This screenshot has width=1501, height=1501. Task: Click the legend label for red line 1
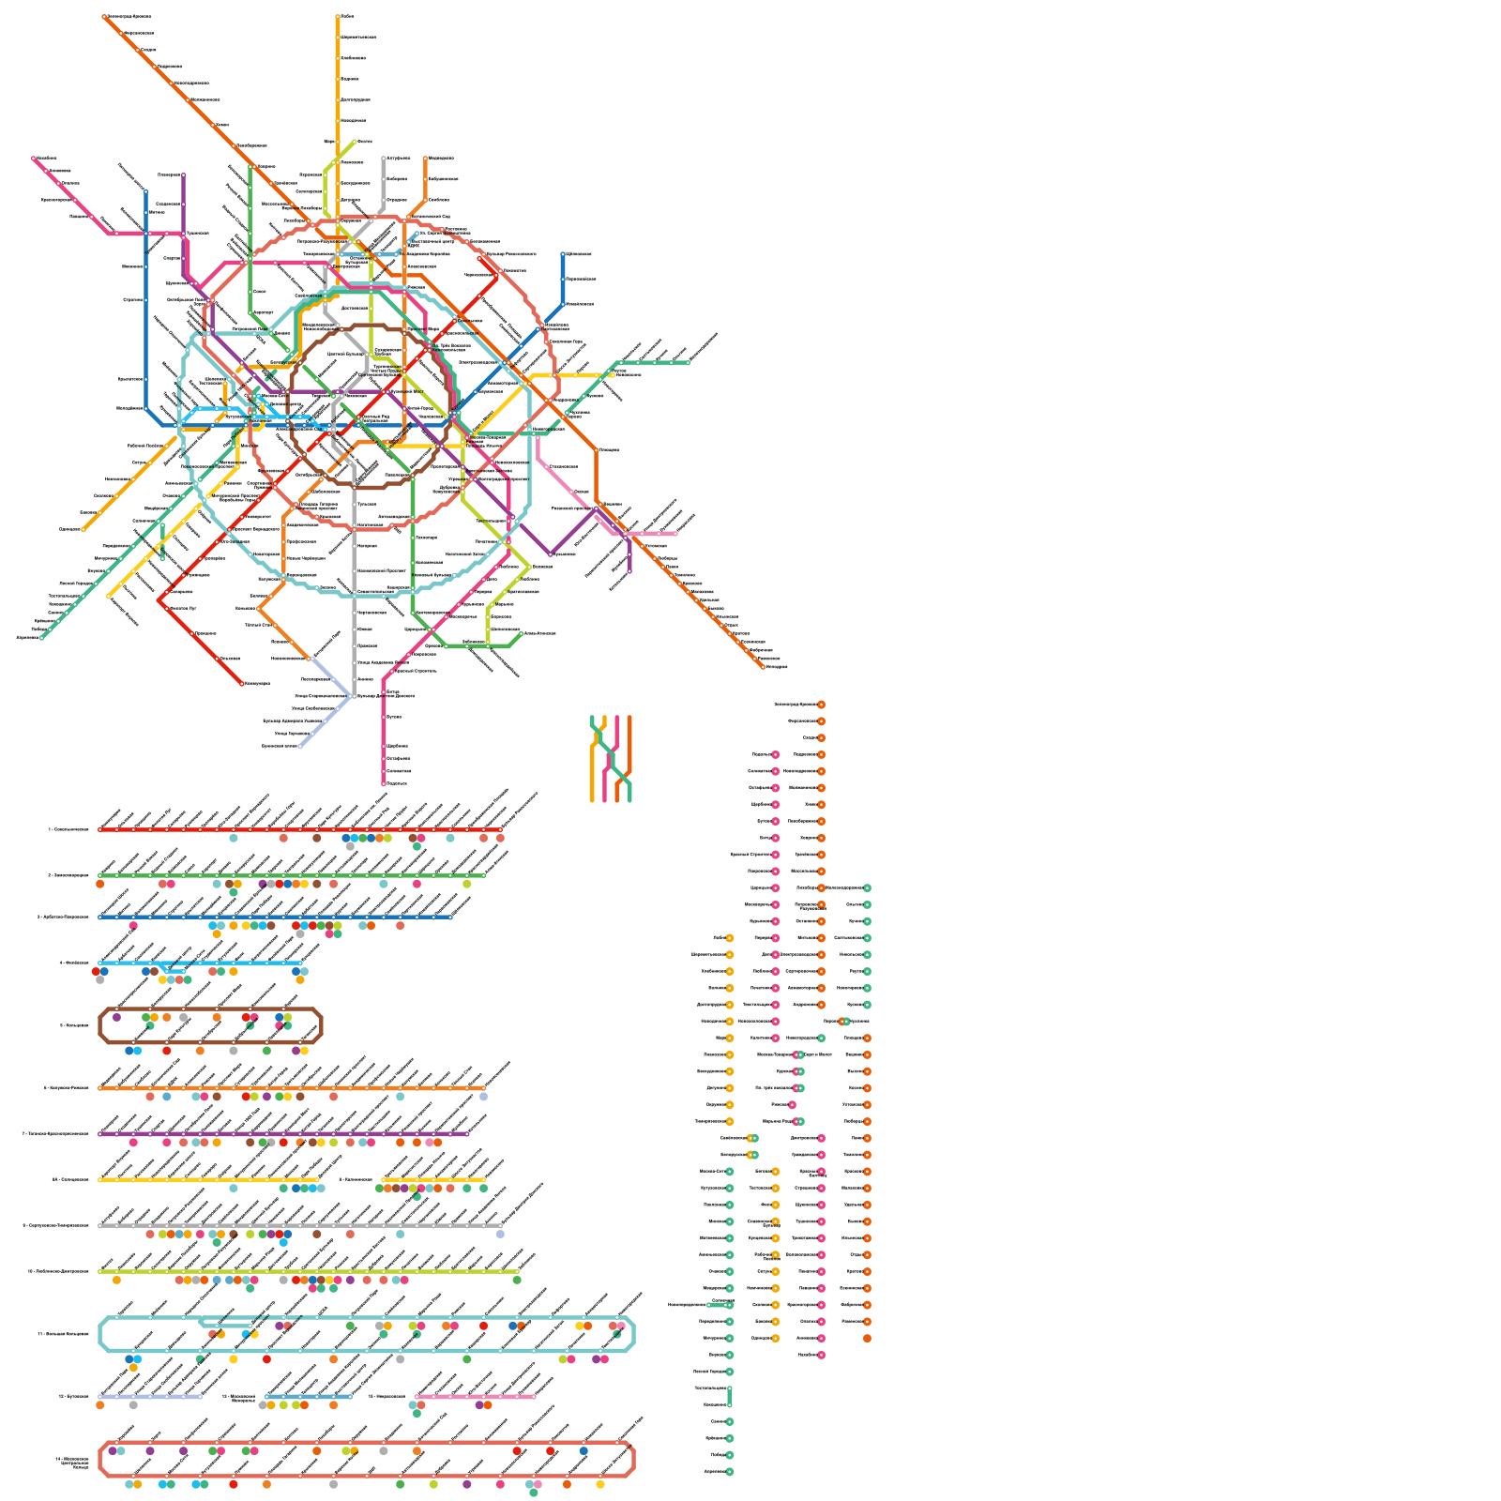68,829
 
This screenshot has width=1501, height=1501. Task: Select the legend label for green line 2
68,875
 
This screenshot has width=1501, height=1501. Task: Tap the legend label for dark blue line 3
63,917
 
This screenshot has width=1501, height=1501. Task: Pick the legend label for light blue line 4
73,963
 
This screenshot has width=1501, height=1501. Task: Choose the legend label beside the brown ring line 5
74,1025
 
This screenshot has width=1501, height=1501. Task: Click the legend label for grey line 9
55,1225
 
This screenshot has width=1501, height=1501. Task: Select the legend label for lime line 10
57,1271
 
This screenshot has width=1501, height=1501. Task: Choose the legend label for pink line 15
387,1396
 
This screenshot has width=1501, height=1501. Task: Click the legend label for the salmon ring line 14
71,1460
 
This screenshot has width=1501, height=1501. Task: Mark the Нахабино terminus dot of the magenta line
34,159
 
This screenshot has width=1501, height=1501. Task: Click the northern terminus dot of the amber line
338,16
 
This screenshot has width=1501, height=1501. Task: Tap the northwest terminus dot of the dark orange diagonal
105,16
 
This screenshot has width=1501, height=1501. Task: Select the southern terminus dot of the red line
242,683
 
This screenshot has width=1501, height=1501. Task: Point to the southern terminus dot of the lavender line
300,746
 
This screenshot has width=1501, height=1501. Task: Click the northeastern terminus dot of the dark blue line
563,253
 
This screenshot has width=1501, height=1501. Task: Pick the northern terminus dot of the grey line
384,159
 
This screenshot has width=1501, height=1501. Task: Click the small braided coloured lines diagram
611,759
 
